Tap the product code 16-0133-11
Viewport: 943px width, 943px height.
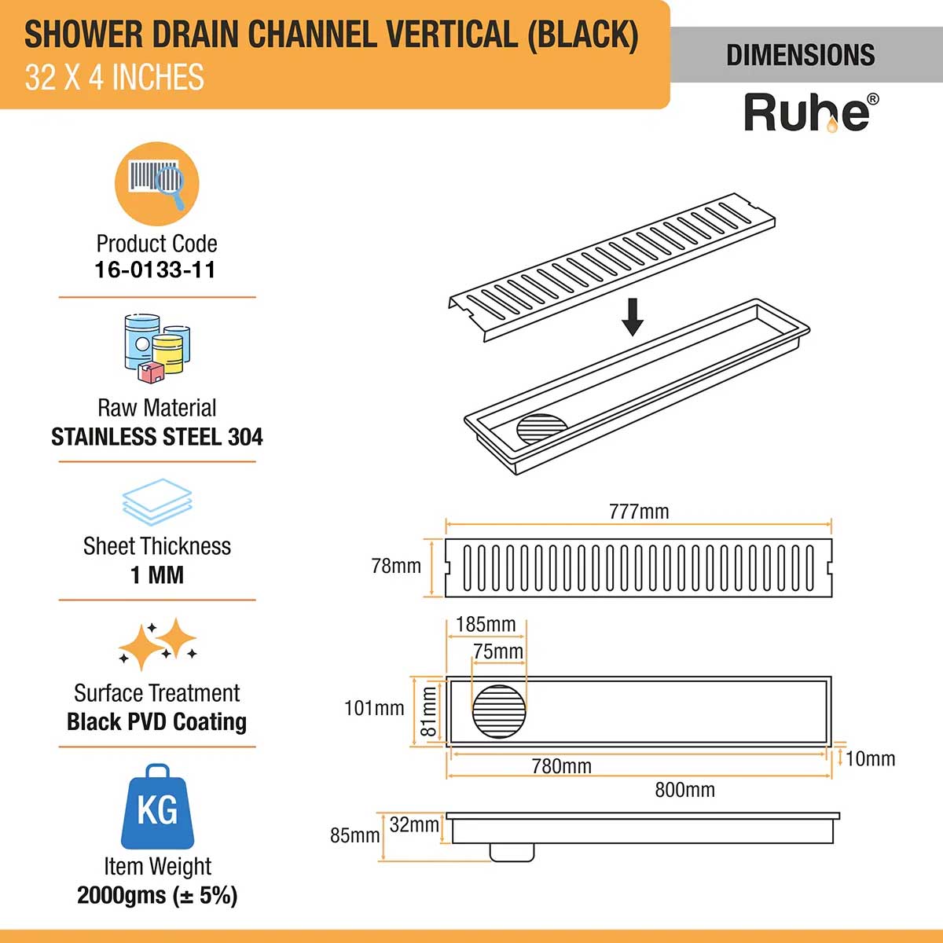coord(155,270)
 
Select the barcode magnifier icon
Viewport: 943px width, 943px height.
coord(157,184)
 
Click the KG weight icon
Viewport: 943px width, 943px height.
coord(157,808)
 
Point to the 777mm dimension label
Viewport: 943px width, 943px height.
coord(639,512)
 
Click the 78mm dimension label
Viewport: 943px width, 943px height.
coord(396,566)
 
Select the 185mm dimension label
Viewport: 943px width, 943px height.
coord(486,625)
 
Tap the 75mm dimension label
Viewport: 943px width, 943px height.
coord(498,651)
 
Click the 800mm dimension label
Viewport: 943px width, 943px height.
coord(684,790)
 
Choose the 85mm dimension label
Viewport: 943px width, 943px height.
coord(354,835)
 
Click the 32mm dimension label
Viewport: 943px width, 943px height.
coord(414,824)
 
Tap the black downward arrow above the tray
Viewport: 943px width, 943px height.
coord(633,316)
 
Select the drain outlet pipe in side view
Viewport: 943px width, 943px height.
coord(512,852)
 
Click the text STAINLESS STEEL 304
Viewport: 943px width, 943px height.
coord(157,437)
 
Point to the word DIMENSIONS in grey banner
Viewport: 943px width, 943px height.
coord(800,55)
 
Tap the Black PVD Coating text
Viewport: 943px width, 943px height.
coord(156,721)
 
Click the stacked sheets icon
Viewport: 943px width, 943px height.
coord(157,502)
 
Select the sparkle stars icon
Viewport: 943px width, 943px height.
coord(157,644)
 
